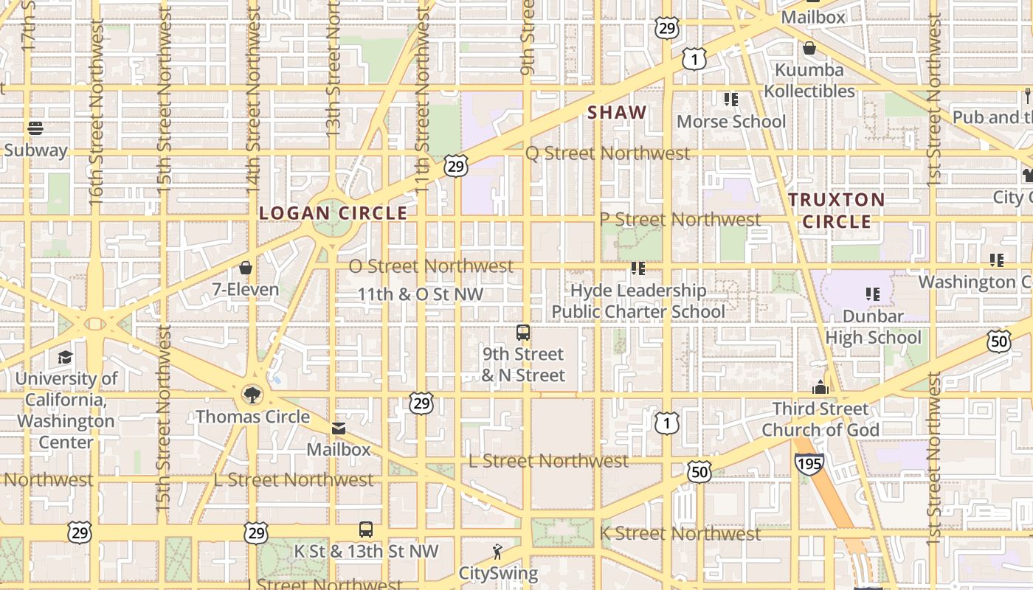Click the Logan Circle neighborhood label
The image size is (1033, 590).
pyautogui.click(x=333, y=213)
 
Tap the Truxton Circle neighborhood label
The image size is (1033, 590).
pyautogui.click(x=837, y=210)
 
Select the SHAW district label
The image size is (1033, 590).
pyautogui.click(x=617, y=113)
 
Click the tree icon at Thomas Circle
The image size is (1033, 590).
pyautogui.click(x=252, y=395)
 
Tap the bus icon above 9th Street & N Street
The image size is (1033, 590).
pyautogui.click(x=523, y=333)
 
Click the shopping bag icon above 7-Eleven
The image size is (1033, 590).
pyautogui.click(x=246, y=268)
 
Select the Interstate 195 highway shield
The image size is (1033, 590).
pyautogui.click(x=809, y=463)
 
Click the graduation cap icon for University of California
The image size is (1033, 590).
pyautogui.click(x=66, y=358)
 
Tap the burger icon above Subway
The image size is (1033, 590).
pyautogui.click(x=35, y=128)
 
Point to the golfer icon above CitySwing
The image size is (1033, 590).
pyautogui.click(x=498, y=551)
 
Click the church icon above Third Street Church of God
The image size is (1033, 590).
pyautogui.click(x=820, y=387)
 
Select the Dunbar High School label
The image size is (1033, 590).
pyautogui.click(x=874, y=327)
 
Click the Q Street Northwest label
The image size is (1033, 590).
pyautogui.click(x=607, y=153)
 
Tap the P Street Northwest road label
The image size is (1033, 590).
pyautogui.click(x=680, y=220)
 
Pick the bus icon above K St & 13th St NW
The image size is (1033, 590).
pyautogui.click(x=366, y=529)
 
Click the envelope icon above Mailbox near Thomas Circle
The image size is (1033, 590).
pyautogui.click(x=339, y=428)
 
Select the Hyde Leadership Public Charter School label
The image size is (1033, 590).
pyautogui.click(x=638, y=301)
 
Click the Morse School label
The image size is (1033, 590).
pyautogui.click(x=731, y=122)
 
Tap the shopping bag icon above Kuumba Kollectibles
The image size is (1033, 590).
pyautogui.click(x=809, y=49)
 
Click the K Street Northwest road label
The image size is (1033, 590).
pyautogui.click(x=680, y=533)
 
